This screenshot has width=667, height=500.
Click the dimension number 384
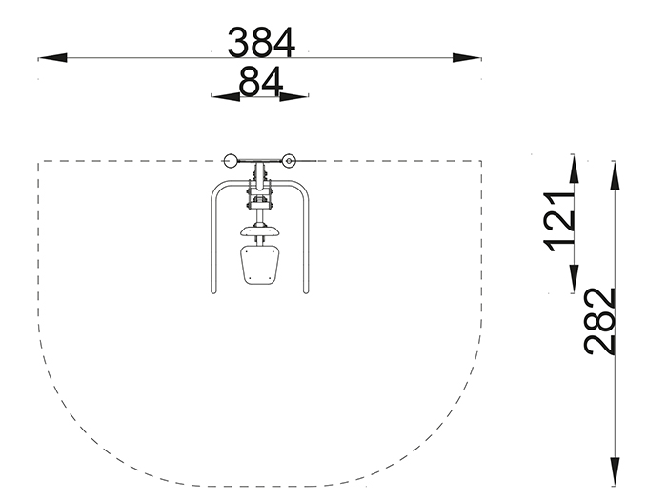[x=261, y=42]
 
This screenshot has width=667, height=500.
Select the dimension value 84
[x=261, y=81]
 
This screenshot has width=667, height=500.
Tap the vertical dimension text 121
[x=558, y=222]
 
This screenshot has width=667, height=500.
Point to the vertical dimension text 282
[x=599, y=322]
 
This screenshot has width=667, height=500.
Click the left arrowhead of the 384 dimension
[x=52, y=58]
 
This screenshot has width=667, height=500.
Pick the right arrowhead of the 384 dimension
[x=467, y=58]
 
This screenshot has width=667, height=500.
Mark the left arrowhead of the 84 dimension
[x=226, y=97]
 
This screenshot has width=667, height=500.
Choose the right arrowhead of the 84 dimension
[x=293, y=97]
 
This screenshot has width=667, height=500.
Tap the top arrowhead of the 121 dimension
[x=574, y=170]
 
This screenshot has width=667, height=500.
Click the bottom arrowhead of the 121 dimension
[x=574, y=278]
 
